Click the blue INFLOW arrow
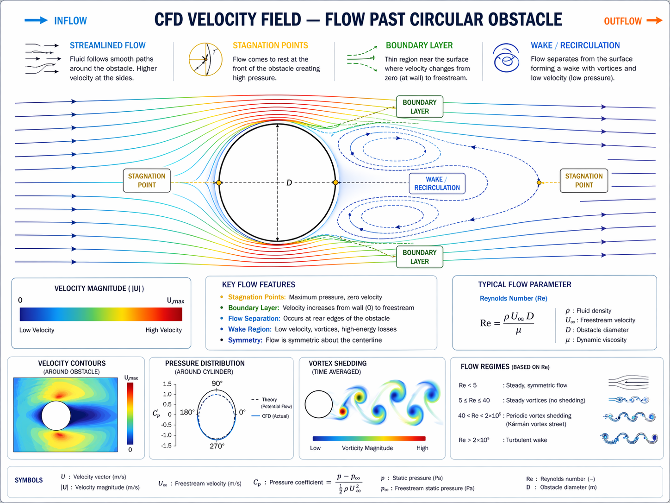[x=36, y=20]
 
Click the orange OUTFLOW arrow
[x=654, y=20]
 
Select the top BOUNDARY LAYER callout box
[x=419, y=107]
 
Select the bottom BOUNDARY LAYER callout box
[x=419, y=257]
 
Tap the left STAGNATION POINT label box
[x=147, y=181]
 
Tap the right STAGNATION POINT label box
[x=583, y=181]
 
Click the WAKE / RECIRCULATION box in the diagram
[x=437, y=183]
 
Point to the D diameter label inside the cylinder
[x=289, y=183]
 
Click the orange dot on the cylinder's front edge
[x=219, y=183]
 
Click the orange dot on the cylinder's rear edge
[x=335, y=183]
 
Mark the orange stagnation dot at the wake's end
[x=539, y=183]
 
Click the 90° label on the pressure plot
[x=217, y=384]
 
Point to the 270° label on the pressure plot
[x=217, y=446]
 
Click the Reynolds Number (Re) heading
[x=513, y=298]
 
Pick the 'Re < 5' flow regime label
[x=467, y=385]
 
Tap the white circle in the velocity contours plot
[x=56, y=415]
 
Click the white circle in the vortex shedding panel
[x=319, y=404]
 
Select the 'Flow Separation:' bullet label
[x=254, y=319]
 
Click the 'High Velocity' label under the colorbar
[x=163, y=330]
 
